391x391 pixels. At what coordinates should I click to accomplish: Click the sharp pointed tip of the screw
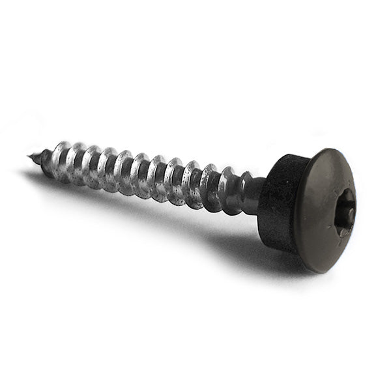29,156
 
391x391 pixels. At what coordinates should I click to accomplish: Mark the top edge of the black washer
287,158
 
